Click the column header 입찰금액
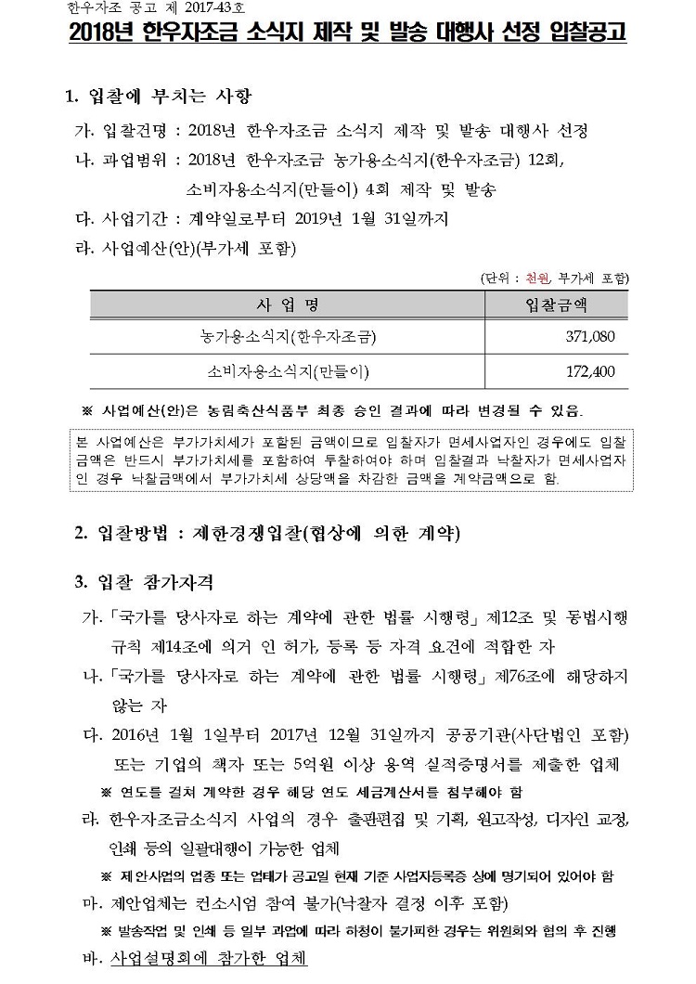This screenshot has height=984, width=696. click(557, 304)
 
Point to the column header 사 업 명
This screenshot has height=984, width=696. click(288, 304)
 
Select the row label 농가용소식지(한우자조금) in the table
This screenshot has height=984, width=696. click(288, 335)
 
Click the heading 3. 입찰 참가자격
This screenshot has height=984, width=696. click(144, 582)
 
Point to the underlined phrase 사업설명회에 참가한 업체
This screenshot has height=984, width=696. click(208, 958)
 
